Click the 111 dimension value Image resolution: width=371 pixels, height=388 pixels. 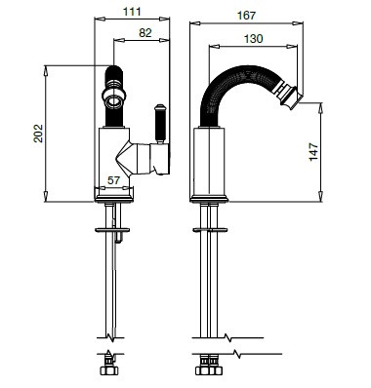pyautogui.click(x=132, y=12)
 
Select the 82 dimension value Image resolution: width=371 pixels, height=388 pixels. pyautogui.click(x=145, y=33)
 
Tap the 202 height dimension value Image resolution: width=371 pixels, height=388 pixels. pyautogui.click(x=38, y=133)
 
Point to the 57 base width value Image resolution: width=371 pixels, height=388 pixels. pyautogui.click(x=114, y=180)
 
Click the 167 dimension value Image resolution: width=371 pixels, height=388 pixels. pyautogui.click(x=246, y=16)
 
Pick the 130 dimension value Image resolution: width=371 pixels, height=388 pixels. pyautogui.click(x=253, y=39)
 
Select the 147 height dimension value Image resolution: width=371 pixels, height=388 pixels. pyautogui.click(x=313, y=151)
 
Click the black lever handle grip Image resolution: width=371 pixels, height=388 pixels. pyautogui.click(x=160, y=125)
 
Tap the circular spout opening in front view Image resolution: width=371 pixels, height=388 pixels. pyautogui.click(x=114, y=101)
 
